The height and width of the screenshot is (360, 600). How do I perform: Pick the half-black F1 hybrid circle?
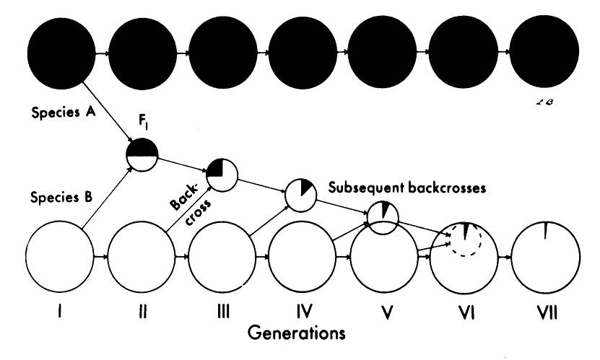pos(142,154)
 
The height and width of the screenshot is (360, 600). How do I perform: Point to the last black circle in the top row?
pos(545,52)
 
